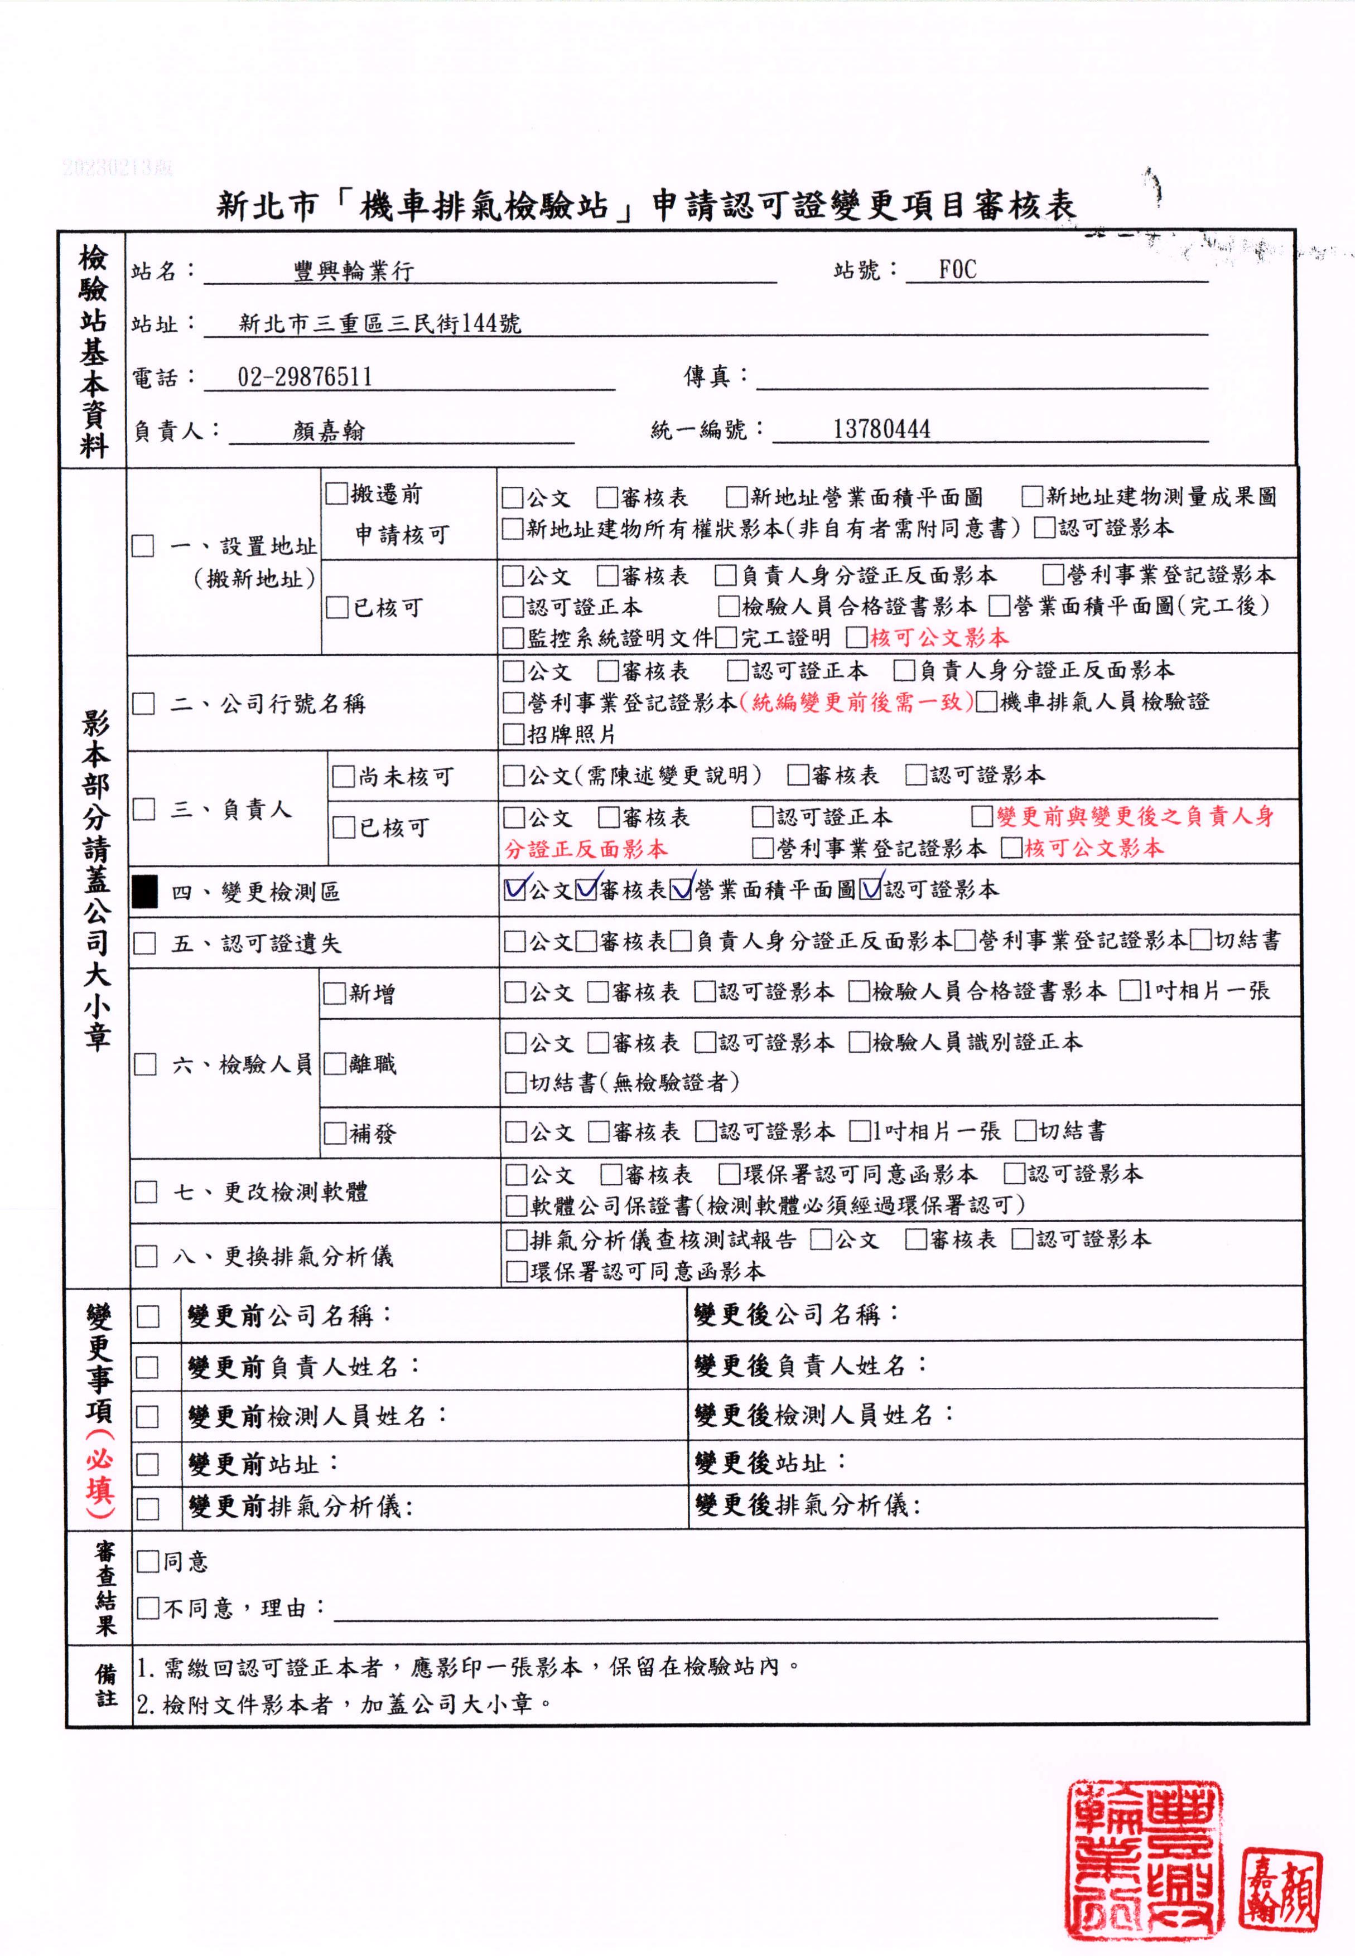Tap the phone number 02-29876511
(x=305, y=377)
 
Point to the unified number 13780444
(x=881, y=429)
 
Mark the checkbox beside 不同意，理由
(x=148, y=1607)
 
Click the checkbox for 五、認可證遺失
(x=145, y=943)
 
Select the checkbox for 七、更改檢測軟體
(x=146, y=1192)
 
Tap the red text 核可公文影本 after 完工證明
(x=938, y=637)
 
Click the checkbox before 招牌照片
(x=513, y=734)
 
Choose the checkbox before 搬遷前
(x=336, y=493)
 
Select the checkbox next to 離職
(x=335, y=1064)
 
